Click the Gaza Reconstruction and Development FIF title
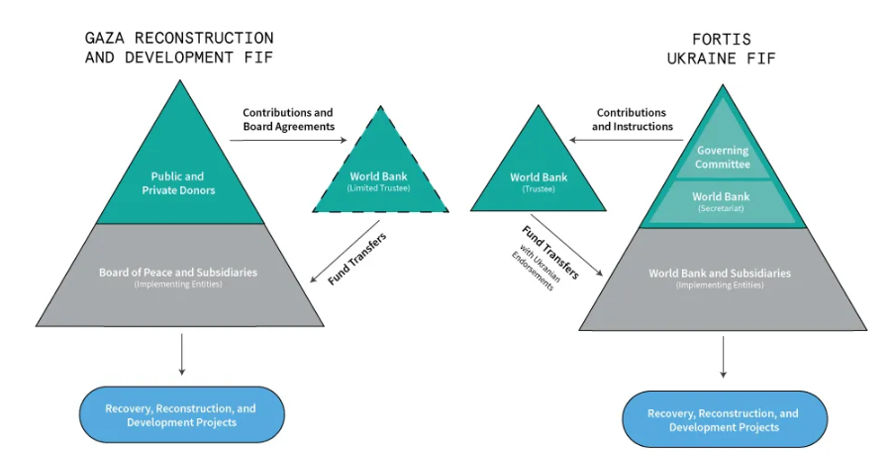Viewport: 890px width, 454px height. pyautogui.click(x=179, y=48)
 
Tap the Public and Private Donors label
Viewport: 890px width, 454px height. pyautogui.click(x=178, y=183)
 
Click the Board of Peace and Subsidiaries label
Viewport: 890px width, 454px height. pyautogui.click(x=179, y=272)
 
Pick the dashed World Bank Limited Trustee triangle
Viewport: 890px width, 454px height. pyautogui.click(x=378, y=178)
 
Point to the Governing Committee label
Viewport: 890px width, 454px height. pyautogui.click(x=723, y=158)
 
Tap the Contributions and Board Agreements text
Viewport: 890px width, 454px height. pyautogui.click(x=288, y=120)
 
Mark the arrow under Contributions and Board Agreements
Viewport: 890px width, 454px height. pyautogui.click(x=273, y=141)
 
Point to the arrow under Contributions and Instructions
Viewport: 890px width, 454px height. pyautogui.click(x=624, y=141)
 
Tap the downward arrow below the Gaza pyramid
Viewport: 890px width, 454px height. pyautogui.click(x=182, y=354)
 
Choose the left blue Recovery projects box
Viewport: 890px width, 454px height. pyautogui.click(x=181, y=414)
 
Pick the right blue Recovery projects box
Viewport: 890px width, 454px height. pyautogui.click(x=723, y=419)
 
